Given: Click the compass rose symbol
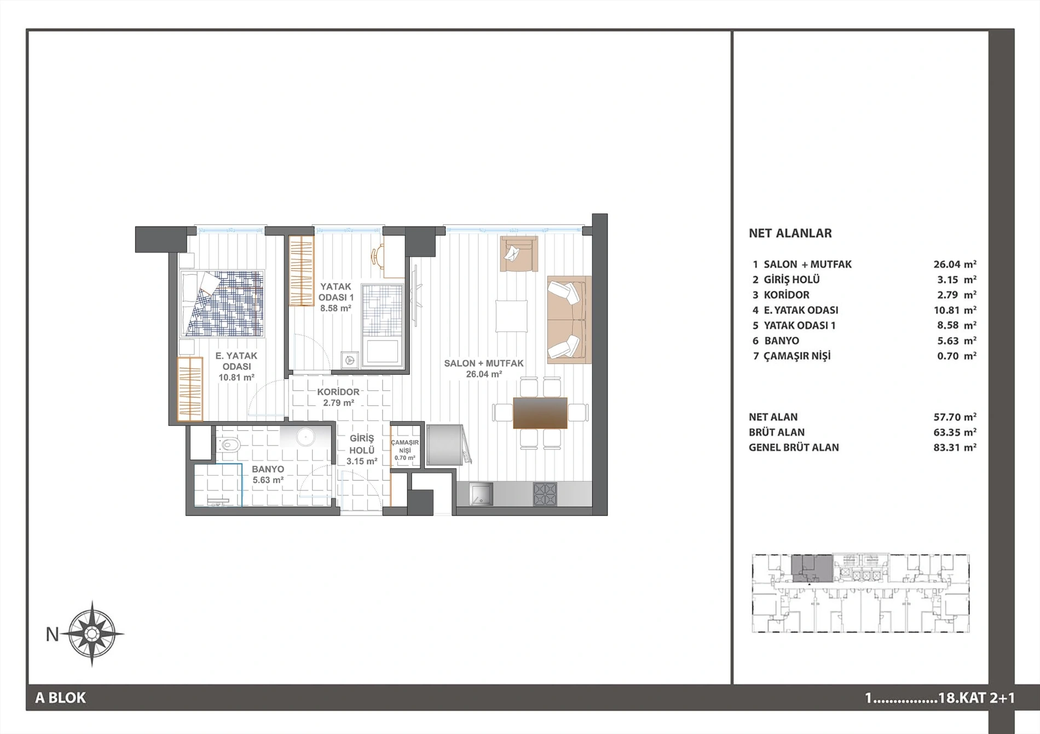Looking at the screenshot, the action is click(x=92, y=634).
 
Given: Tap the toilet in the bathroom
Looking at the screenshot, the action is click(x=228, y=446).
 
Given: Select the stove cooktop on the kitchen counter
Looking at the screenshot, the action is click(x=545, y=494).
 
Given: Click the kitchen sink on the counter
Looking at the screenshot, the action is click(x=481, y=494).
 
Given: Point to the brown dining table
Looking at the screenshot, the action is click(x=540, y=413).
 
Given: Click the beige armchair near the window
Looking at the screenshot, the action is click(x=518, y=253).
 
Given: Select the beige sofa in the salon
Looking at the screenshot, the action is click(x=569, y=320).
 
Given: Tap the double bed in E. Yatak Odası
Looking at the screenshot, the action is click(x=222, y=303).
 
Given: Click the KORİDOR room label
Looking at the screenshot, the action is click(x=338, y=392).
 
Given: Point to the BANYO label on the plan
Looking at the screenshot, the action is click(x=268, y=469).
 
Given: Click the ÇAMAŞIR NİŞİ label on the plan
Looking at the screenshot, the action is click(x=405, y=446).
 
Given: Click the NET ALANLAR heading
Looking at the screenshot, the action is click(x=790, y=233).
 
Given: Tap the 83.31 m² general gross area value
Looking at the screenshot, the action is click(x=955, y=447).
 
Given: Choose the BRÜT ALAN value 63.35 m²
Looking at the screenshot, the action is click(x=955, y=432).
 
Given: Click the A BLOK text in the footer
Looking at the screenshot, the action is click(x=61, y=698).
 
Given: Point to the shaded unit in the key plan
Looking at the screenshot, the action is click(x=812, y=568).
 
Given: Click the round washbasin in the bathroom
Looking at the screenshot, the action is click(x=304, y=437).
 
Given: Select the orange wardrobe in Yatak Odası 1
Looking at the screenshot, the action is click(x=301, y=270).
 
